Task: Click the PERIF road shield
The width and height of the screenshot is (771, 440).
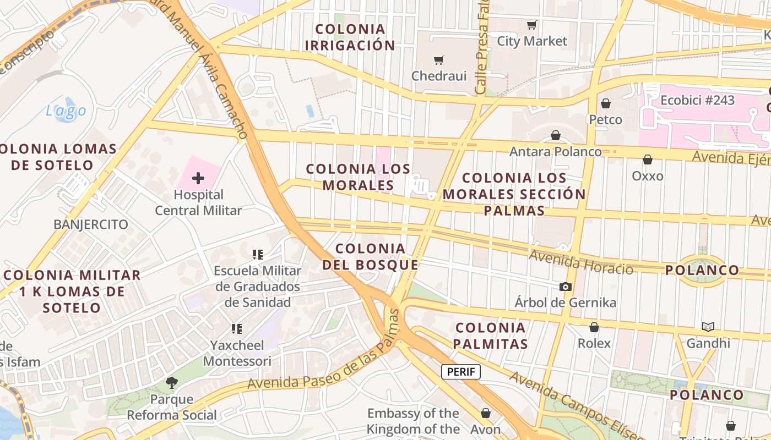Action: [x=461, y=372]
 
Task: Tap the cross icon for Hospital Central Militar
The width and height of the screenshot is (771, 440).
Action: [x=198, y=178]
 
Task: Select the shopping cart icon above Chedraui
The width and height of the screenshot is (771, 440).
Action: [x=439, y=60]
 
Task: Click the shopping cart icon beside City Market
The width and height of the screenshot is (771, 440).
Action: [x=531, y=25]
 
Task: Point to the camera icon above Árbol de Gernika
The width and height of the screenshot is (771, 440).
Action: [x=565, y=287]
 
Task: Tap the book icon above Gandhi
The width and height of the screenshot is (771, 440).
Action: [x=708, y=327]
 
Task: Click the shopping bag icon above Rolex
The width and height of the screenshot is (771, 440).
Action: [x=594, y=327]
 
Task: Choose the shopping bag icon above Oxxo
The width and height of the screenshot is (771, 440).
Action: [x=648, y=159]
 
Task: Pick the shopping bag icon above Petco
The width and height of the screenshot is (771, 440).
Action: [x=606, y=103]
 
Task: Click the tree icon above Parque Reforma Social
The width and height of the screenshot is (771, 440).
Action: [x=172, y=383]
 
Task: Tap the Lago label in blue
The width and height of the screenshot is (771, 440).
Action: [x=66, y=111]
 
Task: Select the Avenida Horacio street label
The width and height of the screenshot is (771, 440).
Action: [x=580, y=262]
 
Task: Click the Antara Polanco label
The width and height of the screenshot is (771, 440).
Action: [x=555, y=151]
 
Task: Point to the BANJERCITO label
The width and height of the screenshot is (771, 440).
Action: [x=91, y=224]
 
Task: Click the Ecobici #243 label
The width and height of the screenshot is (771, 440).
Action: [x=697, y=100]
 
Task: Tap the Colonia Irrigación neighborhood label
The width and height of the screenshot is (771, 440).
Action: [x=350, y=37]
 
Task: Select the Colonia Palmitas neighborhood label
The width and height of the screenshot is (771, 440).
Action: [x=491, y=336]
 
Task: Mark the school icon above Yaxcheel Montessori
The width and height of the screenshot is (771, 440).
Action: [x=237, y=329]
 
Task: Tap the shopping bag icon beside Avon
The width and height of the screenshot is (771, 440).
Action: [x=486, y=413]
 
